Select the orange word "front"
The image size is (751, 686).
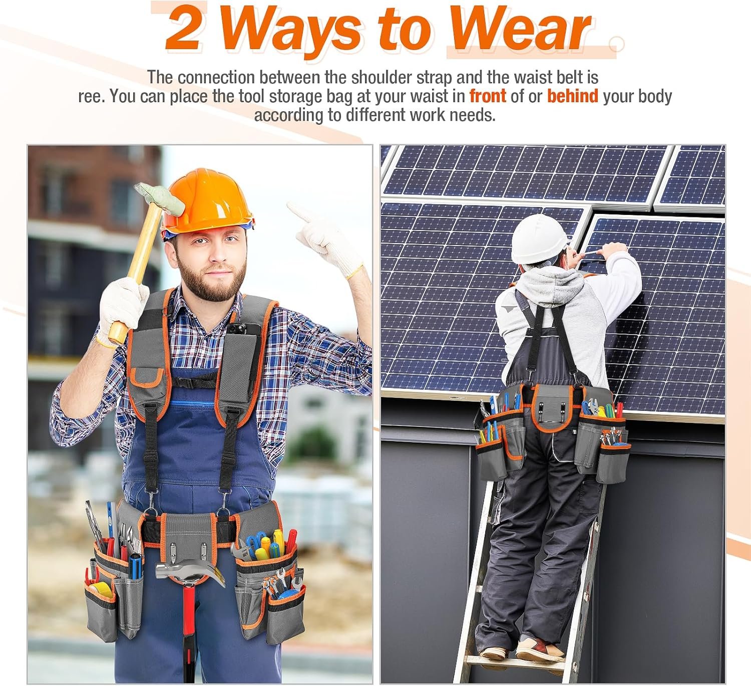[x=487, y=96]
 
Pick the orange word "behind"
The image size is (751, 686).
[x=572, y=96]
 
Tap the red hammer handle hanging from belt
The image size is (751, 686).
[x=189, y=626]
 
